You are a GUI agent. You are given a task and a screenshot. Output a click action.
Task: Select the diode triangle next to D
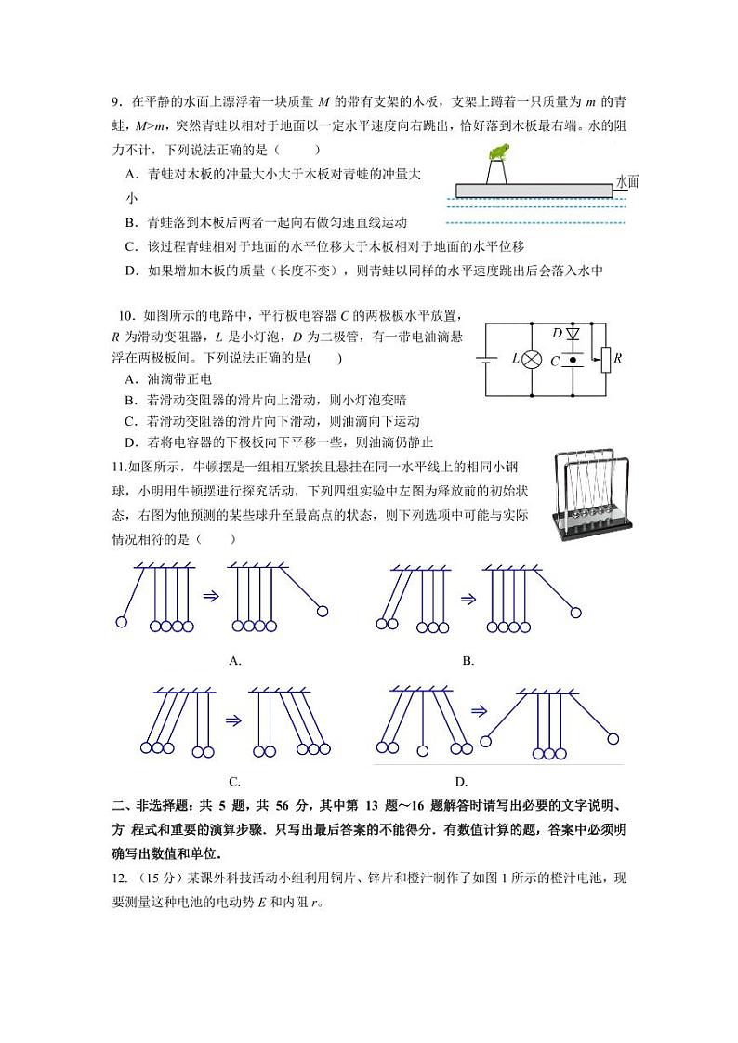573,332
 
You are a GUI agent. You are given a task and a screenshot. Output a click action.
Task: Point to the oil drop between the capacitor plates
573,359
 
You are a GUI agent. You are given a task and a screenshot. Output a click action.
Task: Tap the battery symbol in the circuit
487,358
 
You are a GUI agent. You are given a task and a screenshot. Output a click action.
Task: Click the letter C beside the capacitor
555,362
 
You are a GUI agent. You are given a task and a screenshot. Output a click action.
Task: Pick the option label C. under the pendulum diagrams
235,782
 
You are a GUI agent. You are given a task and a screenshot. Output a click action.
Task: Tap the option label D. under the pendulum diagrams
461,782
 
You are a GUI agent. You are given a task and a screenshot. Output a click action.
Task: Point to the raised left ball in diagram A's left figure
120,622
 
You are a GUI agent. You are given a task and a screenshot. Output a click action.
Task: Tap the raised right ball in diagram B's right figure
576,613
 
